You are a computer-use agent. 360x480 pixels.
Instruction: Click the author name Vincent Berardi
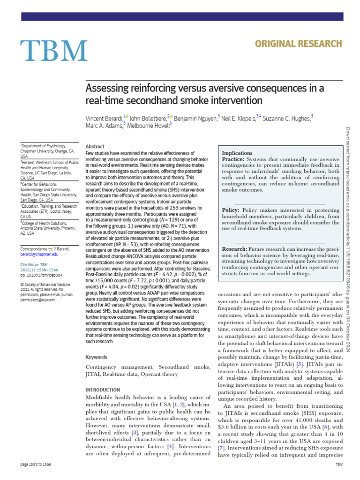[x=104, y=119]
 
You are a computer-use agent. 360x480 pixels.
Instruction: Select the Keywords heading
[x=97, y=357]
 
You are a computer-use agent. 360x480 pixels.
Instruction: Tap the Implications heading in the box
[x=237, y=153]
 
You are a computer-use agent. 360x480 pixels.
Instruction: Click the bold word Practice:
[x=233, y=160]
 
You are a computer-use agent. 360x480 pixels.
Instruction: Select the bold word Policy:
[x=231, y=210]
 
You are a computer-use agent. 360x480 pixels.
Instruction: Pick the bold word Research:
[x=234, y=248]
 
